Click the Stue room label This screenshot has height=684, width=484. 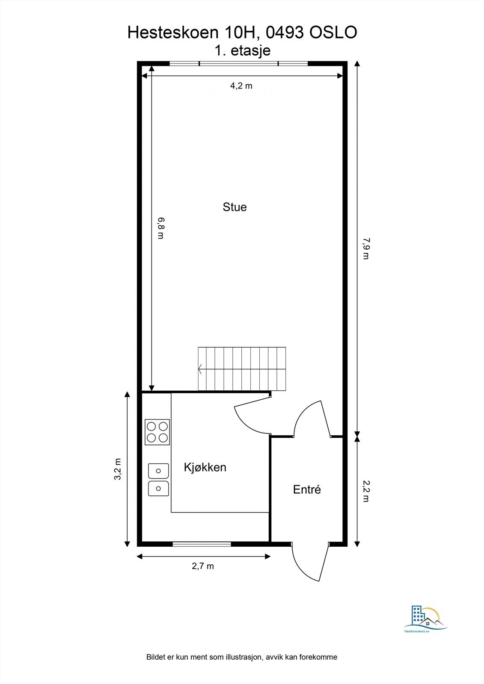(x=235, y=207)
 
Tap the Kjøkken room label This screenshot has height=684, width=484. (x=205, y=467)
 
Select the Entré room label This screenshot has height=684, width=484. (x=307, y=489)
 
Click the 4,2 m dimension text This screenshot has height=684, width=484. (x=241, y=86)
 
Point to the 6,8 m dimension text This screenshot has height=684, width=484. (x=160, y=228)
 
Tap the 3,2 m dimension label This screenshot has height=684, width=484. (x=118, y=469)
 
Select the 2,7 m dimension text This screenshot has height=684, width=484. (x=202, y=566)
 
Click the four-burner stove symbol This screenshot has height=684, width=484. (x=157, y=432)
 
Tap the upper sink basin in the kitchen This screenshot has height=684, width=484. (x=158, y=471)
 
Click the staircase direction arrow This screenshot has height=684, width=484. (x=200, y=369)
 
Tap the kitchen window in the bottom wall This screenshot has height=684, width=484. (x=202, y=544)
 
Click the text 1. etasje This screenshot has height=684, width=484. (x=243, y=50)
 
